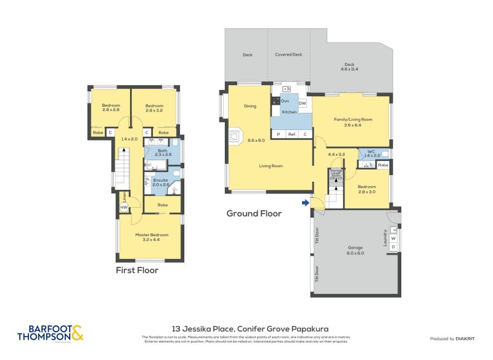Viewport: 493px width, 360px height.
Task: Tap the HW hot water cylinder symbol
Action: coord(124,208)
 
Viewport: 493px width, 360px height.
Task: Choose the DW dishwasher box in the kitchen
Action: coord(302,104)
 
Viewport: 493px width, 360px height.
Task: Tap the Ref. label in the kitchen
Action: coord(291,134)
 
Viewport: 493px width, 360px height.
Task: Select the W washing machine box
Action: coord(393,238)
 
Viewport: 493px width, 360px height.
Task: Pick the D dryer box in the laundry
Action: coord(393,247)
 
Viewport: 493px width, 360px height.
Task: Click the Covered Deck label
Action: coord(288,55)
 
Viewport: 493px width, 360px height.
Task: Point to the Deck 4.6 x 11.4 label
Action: coord(349,67)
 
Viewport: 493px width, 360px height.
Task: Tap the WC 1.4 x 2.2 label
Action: coord(370,154)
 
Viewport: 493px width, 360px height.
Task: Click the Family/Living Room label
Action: coord(351,121)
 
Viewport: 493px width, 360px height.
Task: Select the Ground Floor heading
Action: coord(254,214)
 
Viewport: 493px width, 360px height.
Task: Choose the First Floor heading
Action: coord(137,270)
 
